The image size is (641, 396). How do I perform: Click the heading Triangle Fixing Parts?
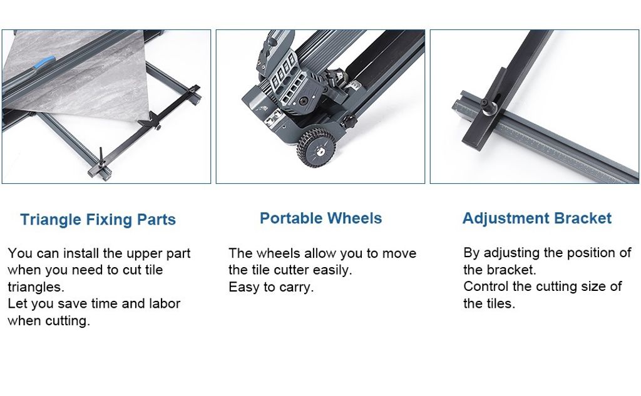coord(98,220)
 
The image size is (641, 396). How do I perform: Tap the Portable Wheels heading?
coord(321,218)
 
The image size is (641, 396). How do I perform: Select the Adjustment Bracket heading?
coord(536,218)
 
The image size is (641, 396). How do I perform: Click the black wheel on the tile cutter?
coord(316,148)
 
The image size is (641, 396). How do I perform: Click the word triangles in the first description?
coord(36,287)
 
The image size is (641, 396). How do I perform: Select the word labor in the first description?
coord(165,303)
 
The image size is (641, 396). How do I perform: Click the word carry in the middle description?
coord(298,287)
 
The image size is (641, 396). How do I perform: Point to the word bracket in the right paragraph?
coord(512,270)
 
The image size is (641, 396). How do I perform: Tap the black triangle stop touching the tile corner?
coord(148,121)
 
